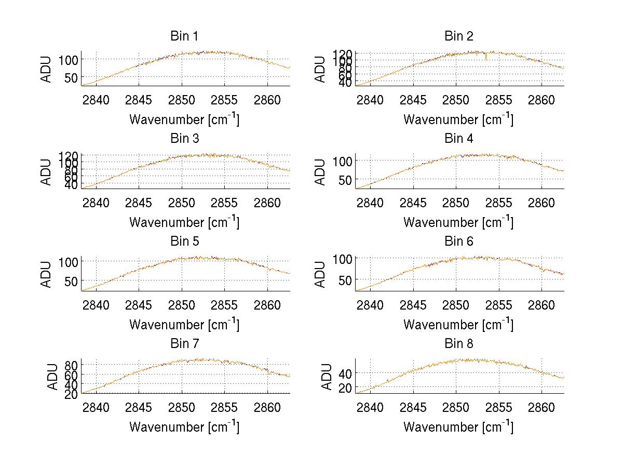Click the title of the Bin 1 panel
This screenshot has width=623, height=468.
(x=184, y=36)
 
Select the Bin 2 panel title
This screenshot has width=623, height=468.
(x=459, y=36)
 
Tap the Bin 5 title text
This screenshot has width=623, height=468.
(x=184, y=242)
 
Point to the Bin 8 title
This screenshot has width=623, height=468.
(x=459, y=344)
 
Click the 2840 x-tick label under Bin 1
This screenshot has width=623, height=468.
(x=96, y=100)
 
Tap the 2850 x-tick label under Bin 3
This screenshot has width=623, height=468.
(x=182, y=202)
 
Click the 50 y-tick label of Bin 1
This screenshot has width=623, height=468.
(x=71, y=77)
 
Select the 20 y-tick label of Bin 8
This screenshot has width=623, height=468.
(x=345, y=388)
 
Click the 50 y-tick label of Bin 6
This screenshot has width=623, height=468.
(x=345, y=280)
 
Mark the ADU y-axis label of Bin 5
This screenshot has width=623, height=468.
(x=47, y=274)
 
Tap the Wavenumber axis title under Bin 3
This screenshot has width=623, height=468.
(x=184, y=222)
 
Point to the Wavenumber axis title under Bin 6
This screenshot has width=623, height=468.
(x=459, y=324)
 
